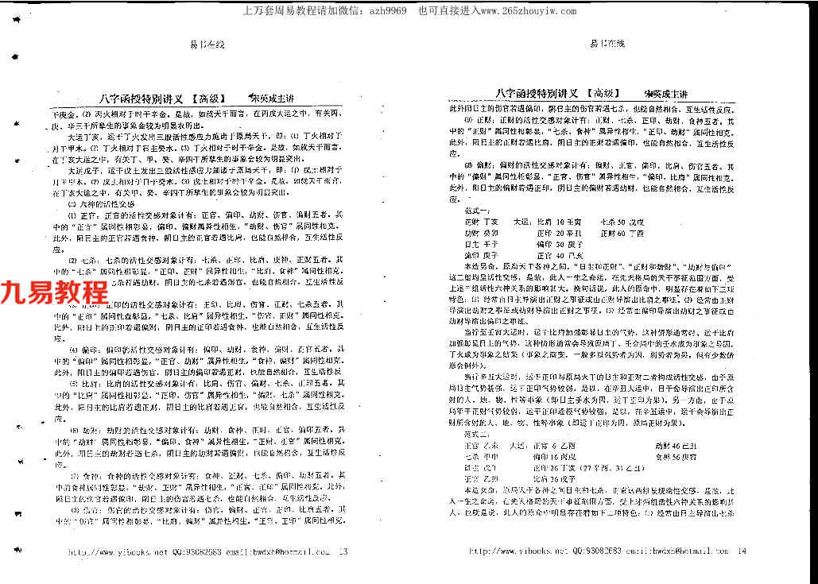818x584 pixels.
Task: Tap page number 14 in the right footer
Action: coord(742,550)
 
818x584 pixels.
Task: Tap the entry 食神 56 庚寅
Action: coord(676,457)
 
